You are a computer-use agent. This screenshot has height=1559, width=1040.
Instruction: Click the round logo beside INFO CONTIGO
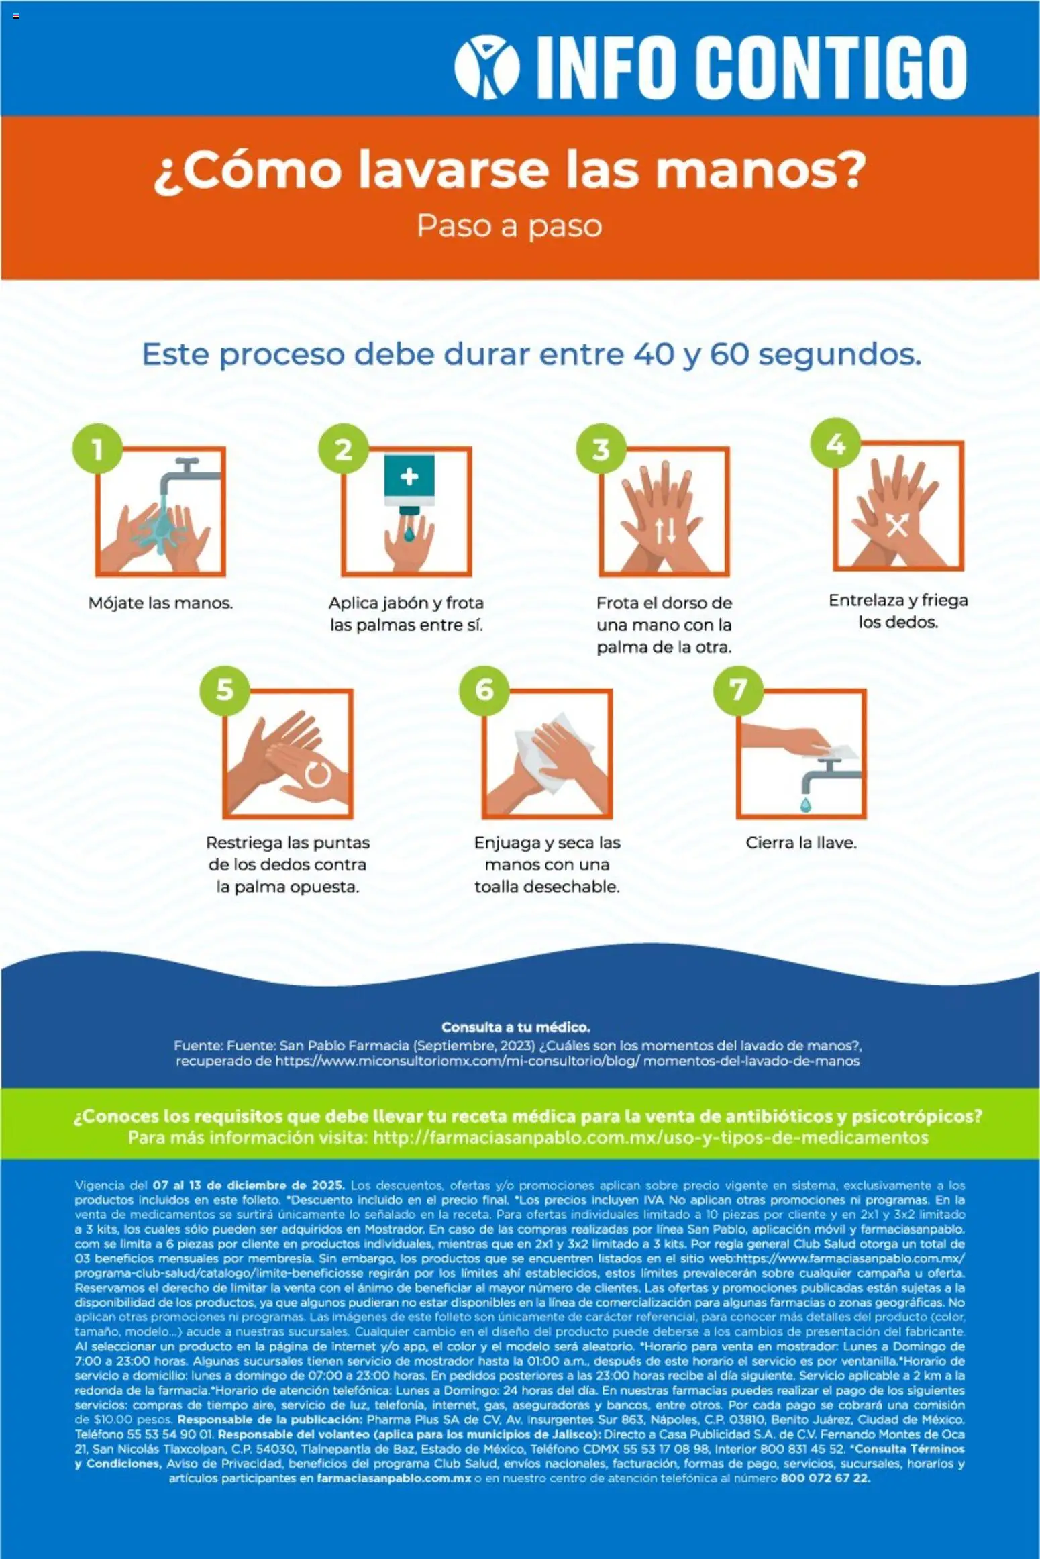coord(486,66)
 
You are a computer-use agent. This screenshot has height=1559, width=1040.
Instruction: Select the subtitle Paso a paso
coord(509,226)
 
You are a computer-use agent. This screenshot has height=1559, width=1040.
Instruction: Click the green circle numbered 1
coord(98,450)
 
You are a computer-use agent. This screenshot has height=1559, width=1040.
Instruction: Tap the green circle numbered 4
coord(835,444)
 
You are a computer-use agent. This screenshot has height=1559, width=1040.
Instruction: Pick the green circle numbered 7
coord(738,690)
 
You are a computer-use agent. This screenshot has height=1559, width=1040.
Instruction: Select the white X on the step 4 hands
coord(897,526)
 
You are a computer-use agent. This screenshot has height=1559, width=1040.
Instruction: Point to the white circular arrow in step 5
coord(317,773)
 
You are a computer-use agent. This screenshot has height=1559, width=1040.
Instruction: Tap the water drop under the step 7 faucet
coord(806,804)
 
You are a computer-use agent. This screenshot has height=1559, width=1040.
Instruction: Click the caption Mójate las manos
coord(160,603)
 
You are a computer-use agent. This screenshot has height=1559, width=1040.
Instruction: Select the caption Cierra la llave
coord(801,843)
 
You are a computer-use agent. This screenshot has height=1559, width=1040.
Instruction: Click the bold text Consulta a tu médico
coord(516,1027)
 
